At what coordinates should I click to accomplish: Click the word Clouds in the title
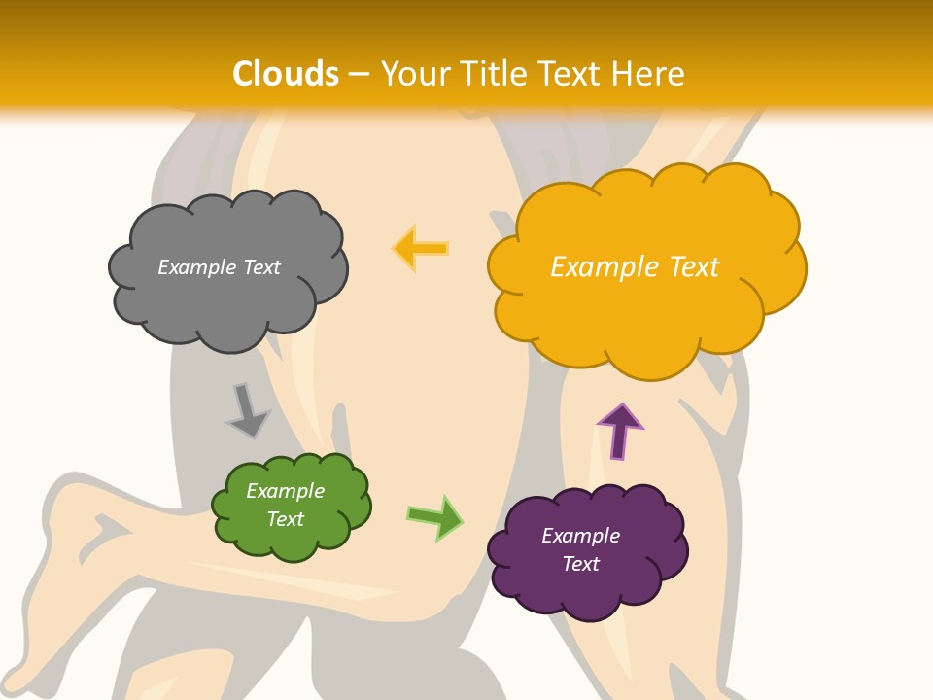pyautogui.click(x=286, y=74)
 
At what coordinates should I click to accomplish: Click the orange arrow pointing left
pyautogui.click(x=420, y=248)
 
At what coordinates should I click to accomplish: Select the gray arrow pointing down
pyautogui.click(x=248, y=411)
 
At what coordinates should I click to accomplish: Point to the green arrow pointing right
pyautogui.click(x=435, y=516)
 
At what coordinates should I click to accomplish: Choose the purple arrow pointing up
pyautogui.click(x=619, y=431)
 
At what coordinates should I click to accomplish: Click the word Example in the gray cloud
pyautogui.click(x=197, y=267)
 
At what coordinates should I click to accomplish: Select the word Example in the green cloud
pyautogui.click(x=285, y=491)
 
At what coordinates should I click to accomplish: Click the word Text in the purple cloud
pyautogui.click(x=580, y=564)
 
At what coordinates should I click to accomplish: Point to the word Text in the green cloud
pyautogui.click(x=285, y=519)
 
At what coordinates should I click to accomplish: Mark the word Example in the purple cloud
pyautogui.click(x=580, y=536)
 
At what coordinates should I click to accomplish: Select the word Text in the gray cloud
pyautogui.click(x=261, y=267)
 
